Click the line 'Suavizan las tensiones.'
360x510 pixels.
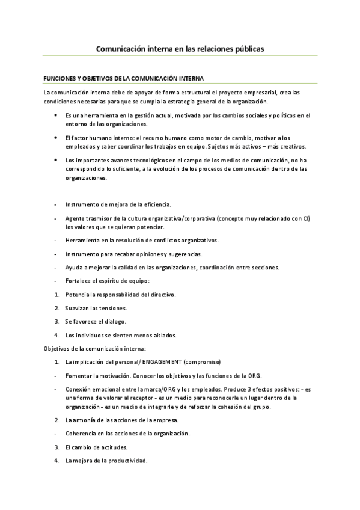(x=96, y=308)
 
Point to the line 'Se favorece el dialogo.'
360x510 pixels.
(x=96, y=322)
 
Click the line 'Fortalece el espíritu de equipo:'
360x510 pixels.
(x=108, y=281)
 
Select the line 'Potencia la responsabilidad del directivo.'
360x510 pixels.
(x=120, y=295)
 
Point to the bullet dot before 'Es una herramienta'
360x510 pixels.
(x=56, y=114)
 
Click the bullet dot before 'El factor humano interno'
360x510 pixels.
(x=56, y=137)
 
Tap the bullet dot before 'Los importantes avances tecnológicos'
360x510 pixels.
(x=56, y=160)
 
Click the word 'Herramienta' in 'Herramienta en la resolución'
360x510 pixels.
(x=82, y=241)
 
